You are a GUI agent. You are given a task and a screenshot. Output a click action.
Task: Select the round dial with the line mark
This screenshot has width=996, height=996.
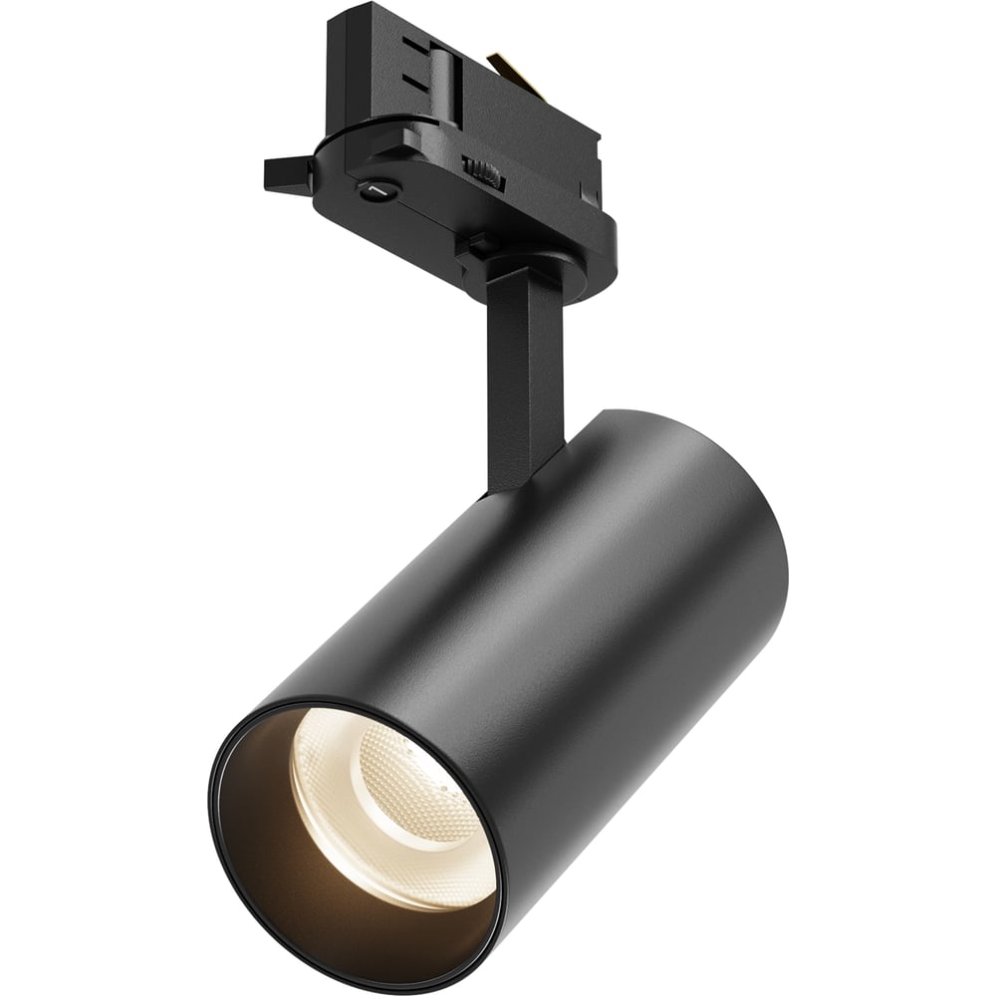[376, 189]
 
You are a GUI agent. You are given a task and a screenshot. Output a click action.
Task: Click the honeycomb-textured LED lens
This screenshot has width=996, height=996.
[418, 787]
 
